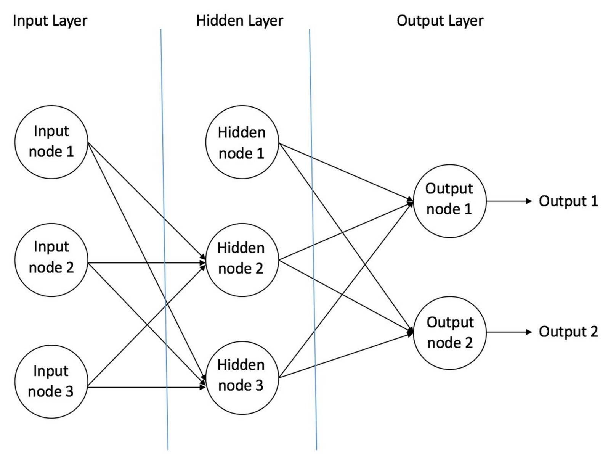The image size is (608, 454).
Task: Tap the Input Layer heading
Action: click(x=50, y=21)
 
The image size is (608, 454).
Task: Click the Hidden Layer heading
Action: click(x=240, y=21)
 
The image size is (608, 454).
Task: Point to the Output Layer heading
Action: click(x=440, y=21)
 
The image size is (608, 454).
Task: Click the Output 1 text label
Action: click(x=568, y=201)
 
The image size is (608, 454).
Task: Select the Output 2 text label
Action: click(x=568, y=332)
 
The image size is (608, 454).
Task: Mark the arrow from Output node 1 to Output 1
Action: click(x=509, y=201)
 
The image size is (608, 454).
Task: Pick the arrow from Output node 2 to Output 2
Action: click(x=509, y=332)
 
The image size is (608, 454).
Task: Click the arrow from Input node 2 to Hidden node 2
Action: click(x=147, y=262)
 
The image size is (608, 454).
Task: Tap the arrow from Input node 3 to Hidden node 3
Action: click(x=146, y=387)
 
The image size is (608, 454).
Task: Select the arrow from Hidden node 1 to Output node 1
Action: click(x=346, y=172)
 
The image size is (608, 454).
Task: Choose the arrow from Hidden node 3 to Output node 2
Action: click(x=346, y=355)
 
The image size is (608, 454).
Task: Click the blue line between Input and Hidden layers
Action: click(x=164, y=239)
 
